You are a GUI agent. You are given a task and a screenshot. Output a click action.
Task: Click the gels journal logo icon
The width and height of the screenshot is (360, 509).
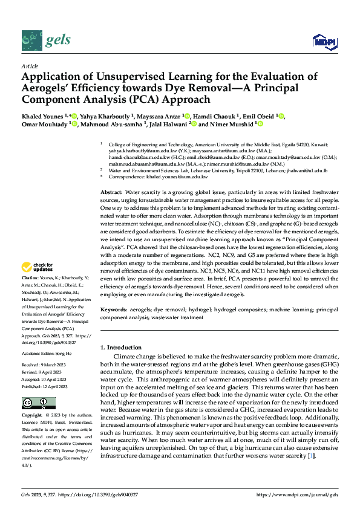pyautogui.click(x=31, y=41)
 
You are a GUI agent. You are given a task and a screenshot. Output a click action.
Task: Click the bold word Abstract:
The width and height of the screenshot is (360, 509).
pyautogui.click(x=111, y=191)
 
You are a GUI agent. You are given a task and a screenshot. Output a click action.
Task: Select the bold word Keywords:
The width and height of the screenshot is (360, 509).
pyautogui.click(x=113, y=309)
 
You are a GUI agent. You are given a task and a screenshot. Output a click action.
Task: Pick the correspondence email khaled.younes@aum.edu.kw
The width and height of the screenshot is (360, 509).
pyautogui.click(x=180, y=177)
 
